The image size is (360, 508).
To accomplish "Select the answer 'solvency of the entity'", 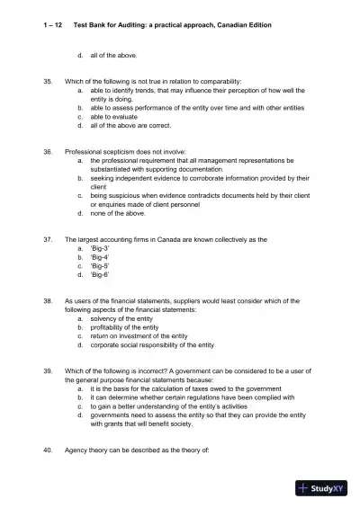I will [125, 318].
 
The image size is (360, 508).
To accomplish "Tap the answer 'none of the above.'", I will [119, 213].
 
